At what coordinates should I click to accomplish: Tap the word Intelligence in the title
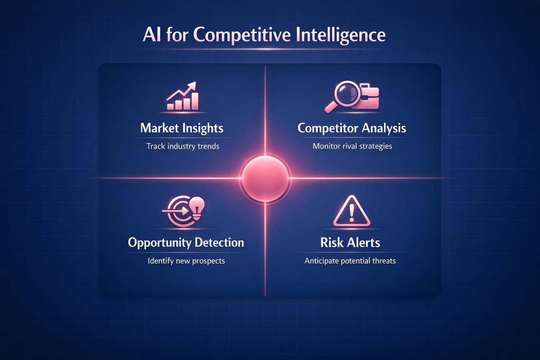click(x=340, y=35)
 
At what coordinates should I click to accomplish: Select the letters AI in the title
click(x=152, y=35)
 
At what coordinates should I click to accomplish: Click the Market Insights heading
click(x=182, y=128)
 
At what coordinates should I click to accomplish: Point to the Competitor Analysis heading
click(x=352, y=128)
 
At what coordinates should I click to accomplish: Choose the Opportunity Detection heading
click(x=186, y=242)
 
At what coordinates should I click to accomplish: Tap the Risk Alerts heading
click(x=350, y=242)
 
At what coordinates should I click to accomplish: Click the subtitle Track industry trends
click(x=183, y=146)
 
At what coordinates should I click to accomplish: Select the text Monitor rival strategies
click(x=352, y=146)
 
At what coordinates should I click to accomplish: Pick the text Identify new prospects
click(x=186, y=261)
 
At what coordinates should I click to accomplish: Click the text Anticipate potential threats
click(x=350, y=261)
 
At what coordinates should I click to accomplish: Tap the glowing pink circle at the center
click(x=265, y=178)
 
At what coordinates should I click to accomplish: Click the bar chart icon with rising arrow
click(x=182, y=97)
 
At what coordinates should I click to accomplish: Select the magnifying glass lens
click(x=346, y=92)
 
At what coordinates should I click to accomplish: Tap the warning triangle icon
click(x=352, y=212)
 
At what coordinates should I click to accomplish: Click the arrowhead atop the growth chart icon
click(x=192, y=86)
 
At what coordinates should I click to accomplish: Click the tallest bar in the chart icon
click(x=194, y=101)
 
